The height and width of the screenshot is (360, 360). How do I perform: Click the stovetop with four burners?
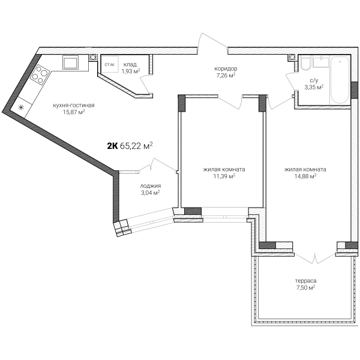coord(40,74)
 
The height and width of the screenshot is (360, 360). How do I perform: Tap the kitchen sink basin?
coord(70,62)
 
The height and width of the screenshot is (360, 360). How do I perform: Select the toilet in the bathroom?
coord(305,64)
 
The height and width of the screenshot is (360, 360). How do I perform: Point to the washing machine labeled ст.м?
coord(110,65)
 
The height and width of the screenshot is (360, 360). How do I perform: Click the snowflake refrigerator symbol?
coord(20,107)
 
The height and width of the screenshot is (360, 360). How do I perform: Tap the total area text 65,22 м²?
coord(136,146)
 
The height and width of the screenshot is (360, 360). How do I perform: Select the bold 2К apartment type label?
coord(113,146)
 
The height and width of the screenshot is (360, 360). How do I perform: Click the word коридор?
coord(226,68)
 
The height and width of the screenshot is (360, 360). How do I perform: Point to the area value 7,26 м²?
coord(226,75)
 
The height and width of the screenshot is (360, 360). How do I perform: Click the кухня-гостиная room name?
coord(74,106)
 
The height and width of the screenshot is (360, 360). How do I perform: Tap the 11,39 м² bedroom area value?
coord(224,176)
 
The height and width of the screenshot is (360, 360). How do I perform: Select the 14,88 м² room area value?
coord(305,176)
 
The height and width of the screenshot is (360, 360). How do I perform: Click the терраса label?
coord(305,281)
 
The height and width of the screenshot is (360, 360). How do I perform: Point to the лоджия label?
coord(151,186)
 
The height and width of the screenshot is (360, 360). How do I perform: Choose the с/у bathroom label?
coord(314,80)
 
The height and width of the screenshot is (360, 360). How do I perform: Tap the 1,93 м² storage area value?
coord(131,71)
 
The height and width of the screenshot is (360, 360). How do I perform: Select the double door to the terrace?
coord(315,257)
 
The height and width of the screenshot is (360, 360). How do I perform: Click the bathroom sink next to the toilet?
coord(321,62)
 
